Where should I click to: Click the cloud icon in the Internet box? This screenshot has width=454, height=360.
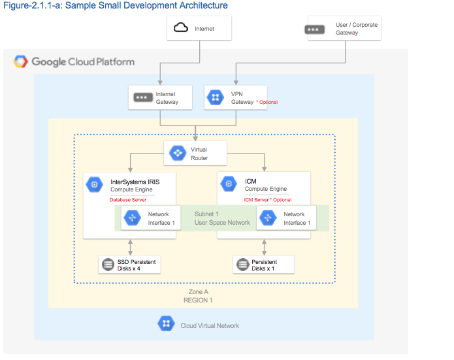pyautogui.click(x=180, y=28)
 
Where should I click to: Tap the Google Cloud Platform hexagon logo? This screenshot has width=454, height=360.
pyautogui.click(x=21, y=62)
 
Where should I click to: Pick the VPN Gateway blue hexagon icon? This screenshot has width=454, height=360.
pyautogui.click(x=215, y=98)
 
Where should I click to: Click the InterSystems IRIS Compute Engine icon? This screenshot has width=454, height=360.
pyautogui.click(x=95, y=185)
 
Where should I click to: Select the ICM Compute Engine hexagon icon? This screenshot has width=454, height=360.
pyautogui.click(x=229, y=185)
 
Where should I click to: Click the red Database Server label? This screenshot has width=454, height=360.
pyautogui.click(x=127, y=200)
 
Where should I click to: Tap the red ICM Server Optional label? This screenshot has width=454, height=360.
pyautogui.click(x=267, y=200)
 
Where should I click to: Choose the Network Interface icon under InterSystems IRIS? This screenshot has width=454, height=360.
pyautogui.click(x=132, y=218)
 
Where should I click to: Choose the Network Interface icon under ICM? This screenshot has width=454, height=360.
pyautogui.click(x=267, y=218)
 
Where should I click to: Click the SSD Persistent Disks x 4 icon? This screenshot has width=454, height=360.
pyautogui.click(x=107, y=265)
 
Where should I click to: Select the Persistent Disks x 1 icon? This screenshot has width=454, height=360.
pyautogui.click(x=242, y=265)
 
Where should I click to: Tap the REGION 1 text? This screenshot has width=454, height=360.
pyautogui.click(x=197, y=301)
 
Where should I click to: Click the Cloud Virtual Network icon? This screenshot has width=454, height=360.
pyautogui.click(x=166, y=324)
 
